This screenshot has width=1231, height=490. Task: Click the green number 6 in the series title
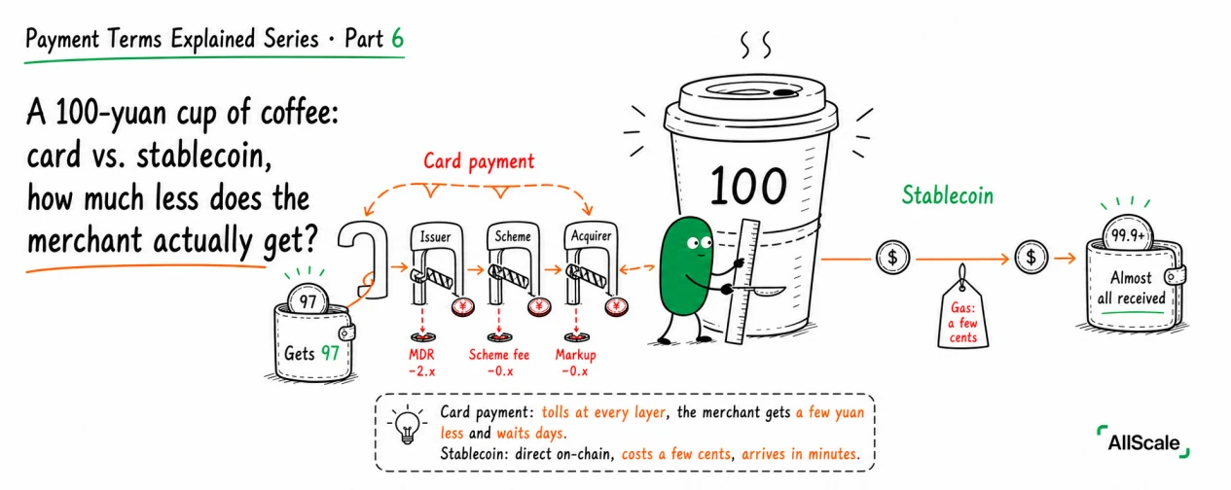point(398,39)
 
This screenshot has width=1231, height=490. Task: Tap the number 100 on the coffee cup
point(748,186)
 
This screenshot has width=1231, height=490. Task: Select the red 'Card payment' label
point(479,161)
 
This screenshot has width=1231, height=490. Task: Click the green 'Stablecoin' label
point(948,195)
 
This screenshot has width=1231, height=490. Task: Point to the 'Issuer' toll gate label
point(435,237)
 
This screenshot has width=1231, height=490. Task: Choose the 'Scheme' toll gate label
point(513,236)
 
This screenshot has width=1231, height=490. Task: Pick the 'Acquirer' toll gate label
point(591,236)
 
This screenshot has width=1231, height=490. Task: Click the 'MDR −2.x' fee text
point(421,363)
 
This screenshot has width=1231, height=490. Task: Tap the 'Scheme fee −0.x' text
point(499,363)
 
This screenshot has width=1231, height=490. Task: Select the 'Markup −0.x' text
point(575,363)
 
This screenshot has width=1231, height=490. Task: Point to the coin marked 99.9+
point(1128,233)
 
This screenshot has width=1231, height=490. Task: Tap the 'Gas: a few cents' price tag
point(962,313)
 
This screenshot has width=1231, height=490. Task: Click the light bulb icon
point(407,425)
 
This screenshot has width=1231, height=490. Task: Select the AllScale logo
point(1143,441)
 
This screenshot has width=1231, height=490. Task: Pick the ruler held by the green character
point(743,281)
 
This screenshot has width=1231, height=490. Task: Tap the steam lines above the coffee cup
point(756,45)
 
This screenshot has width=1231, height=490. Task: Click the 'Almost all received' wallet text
point(1131,288)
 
